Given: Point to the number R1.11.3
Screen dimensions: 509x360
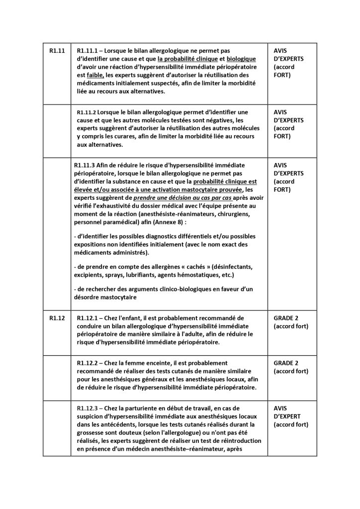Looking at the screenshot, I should pyautogui.click(x=88, y=165).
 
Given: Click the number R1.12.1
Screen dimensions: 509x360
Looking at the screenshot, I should pyautogui.click(x=91, y=317).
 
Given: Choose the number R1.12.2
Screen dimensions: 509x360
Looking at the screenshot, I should pyautogui.click(x=91, y=363).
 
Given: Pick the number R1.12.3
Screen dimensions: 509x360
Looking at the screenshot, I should pyautogui.click(x=91, y=409).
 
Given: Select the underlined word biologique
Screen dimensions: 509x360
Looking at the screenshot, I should pyautogui.click(x=241, y=59).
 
